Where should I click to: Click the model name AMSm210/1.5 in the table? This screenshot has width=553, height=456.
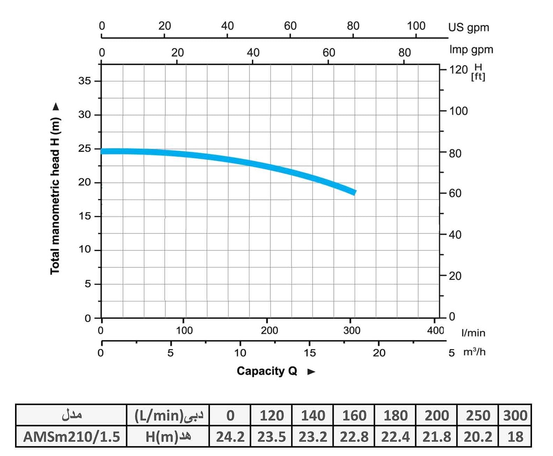pyautogui.click(x=71, y=437)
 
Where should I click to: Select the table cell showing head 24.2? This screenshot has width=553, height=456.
pyautogui.click(x=230, y=437)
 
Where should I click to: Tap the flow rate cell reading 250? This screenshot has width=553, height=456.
pyautogui.click(x=478, y=415)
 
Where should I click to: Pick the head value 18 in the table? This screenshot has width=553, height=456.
pyautogui.click(x=515, y=437)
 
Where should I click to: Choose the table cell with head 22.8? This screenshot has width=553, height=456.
pyautogui.click(x=354, y=437)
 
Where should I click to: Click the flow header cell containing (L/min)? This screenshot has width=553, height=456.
pyautogui.click(x=168, y=415)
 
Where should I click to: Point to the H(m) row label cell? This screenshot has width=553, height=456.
pyautogui.click(x=168, y=437)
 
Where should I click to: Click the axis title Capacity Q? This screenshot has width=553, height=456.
pyautogui.click(x=267, y=371)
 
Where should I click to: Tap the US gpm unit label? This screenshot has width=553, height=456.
pyautogui.click(x=468, y=27)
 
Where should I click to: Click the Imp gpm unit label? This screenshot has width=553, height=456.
pyautogui.click(x=471, y=50)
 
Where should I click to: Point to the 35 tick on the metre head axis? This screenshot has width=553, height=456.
pyautogui.click(x=85, y=81)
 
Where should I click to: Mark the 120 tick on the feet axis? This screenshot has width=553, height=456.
pyautogui.click(x=458, y=70)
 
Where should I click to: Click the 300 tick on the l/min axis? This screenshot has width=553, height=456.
pyautogui.click(x=352, y=330)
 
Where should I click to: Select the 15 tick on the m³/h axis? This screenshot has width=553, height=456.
pyautogui.click(x=310, y=353)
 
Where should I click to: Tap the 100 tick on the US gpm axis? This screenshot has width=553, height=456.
pyautogui.click(x=416, y=26)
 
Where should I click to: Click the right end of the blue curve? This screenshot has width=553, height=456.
pyautogui.click(x=355, y=192)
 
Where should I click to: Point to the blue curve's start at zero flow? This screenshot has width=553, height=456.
pyautogui.click(x=102, y=151)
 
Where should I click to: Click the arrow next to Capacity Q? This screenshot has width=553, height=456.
pyautogui.click(x=311, y=372)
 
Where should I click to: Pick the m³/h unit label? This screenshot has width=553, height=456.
pyautogui.click(x=474, y=352)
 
